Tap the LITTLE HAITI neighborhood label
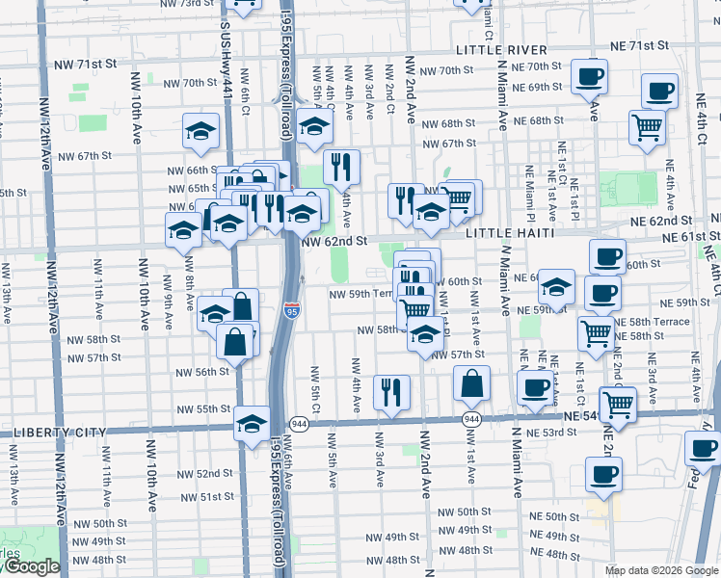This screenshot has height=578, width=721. (x=511, y=233)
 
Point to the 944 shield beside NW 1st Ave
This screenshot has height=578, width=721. (x=471, y=420)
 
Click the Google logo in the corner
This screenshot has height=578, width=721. (x=32, y=567)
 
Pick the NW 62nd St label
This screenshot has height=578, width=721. (x=335, y=242)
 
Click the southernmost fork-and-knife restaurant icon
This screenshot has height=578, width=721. (x=391, y=391)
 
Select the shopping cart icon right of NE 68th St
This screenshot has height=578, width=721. (x=647, y=126)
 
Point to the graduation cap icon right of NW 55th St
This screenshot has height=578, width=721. (x=252, y=423)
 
